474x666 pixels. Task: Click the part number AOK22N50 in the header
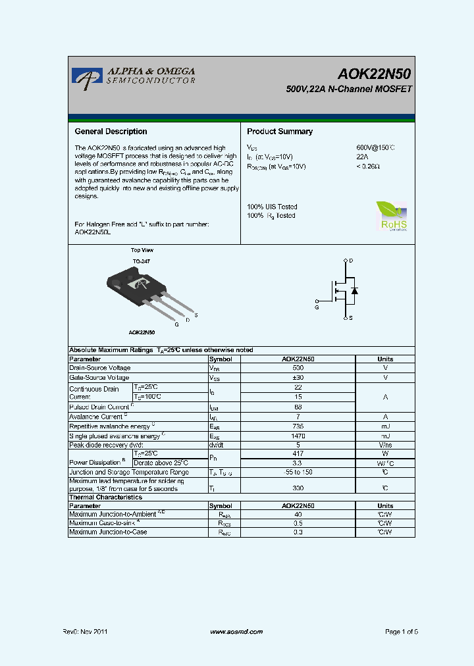(x=375, y=74)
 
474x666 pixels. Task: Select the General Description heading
(x=111, y=132)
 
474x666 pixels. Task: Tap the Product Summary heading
(x=280, y=132)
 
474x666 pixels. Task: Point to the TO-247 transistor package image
(x=142, y=286)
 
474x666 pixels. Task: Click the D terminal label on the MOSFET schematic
(x=351, y=261)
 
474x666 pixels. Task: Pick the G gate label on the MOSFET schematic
(x=317, y=307)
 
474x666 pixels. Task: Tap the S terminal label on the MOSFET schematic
(x=351, y=318)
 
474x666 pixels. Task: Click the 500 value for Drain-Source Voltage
(x=298, y=368)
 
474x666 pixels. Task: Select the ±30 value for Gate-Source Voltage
(x=298, y=378)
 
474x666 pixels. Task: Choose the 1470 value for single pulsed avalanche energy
(x=298, y=436)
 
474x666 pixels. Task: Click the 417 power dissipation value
(x=298, y=453)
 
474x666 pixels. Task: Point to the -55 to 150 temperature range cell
(x=298, y=473)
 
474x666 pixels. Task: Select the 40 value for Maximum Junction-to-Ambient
(x=298, y=514)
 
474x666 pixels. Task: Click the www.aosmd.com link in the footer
(x=236, y=632)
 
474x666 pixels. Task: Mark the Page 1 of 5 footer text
(x=402, y=632)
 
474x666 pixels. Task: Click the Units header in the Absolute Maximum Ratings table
(x=385, y=359)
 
